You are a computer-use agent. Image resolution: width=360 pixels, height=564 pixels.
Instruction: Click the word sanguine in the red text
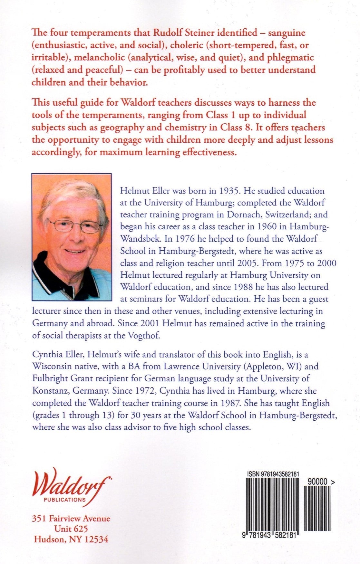(x=287, y=33)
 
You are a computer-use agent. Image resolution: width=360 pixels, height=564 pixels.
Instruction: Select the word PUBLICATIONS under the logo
(x=65, y=500)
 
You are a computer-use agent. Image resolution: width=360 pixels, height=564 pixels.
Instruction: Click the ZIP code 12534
(x=96, y=539)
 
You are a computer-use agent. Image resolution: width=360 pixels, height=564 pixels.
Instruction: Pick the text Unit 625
(x=71, y=529)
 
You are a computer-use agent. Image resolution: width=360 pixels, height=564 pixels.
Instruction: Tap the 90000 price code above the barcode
(x=317, y=482)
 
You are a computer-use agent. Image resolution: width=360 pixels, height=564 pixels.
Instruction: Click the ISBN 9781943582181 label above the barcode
(x=273, y=474)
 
